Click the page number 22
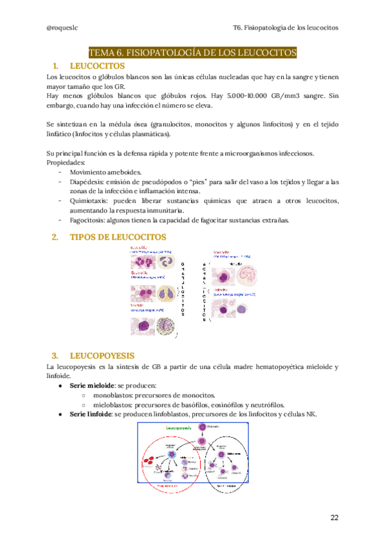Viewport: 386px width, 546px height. point(334,517)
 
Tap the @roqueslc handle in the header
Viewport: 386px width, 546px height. point(62,28)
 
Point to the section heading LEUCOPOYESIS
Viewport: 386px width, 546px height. point(102,355)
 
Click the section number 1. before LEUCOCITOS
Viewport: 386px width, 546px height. point(55,66)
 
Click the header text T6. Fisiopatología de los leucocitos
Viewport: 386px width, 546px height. point(285,28)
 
